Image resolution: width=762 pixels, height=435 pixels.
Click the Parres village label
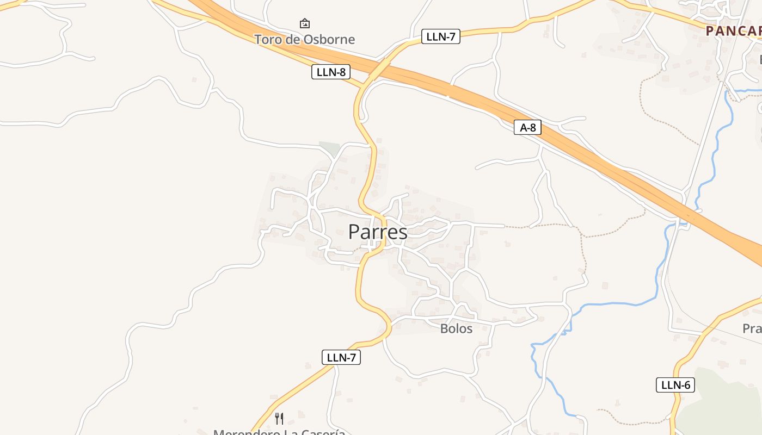tap(378, 232)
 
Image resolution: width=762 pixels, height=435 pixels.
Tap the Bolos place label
tap(456, 328)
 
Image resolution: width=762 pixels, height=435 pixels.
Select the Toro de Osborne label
tap(304, 39)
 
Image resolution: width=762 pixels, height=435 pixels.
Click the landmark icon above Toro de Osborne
tap(305, 23)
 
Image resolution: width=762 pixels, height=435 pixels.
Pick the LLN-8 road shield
tap(330, 72)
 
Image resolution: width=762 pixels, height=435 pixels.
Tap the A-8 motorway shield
tap(527, 128)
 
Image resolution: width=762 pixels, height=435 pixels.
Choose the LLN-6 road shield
tap(675, 385)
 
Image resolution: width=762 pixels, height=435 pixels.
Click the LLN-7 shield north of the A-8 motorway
tap(440, 37)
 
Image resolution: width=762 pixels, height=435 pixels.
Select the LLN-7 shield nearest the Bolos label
tap(341, 357)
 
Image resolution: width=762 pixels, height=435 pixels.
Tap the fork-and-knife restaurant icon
tap(279, 418)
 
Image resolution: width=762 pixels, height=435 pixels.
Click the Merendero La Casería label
tap(279, 432)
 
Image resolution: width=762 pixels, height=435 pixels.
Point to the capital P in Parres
tap(354, 232)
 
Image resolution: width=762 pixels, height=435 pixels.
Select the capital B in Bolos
tap(444, 328)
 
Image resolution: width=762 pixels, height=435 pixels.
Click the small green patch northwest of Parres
tap(329, 148)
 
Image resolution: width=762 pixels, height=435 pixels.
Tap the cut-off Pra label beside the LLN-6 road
tap(752, 328)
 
